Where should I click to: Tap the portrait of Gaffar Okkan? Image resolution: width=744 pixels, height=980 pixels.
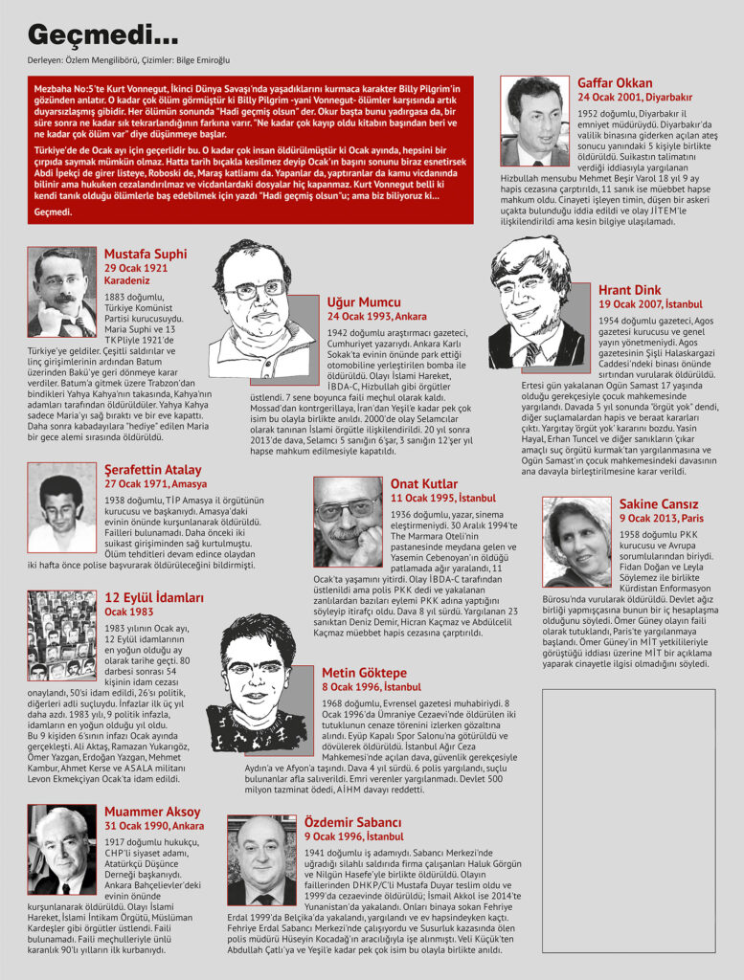point(534,122)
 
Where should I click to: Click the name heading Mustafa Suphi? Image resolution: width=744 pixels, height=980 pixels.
point(145,255)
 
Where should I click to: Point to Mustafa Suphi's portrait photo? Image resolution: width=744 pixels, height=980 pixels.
point(62,291)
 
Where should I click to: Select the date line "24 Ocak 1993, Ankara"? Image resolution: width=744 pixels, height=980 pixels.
point(377,316)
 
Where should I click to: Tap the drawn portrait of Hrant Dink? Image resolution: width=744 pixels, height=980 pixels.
point(535,303)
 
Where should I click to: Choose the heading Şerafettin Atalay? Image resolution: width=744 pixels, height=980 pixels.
point(152,470)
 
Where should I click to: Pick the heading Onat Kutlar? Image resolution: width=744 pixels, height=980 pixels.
point(424,484)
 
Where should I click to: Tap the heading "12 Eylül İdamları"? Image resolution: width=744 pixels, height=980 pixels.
point(153,598)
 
